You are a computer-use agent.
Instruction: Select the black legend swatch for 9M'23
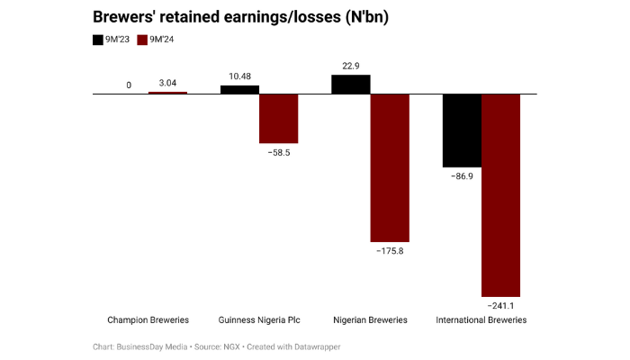click(x=99, y=40)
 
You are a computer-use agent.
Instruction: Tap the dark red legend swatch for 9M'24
click(x=142, y=40)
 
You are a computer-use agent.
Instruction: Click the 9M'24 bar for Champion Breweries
click(x=167, y=93)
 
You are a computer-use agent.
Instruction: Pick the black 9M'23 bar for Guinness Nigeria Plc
click(x=239, y=89)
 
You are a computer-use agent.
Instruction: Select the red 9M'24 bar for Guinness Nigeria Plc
click(x=278, y=118)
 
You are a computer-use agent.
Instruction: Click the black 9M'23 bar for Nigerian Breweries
click(x=351, y=84)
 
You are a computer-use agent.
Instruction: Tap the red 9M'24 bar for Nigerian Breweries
click(x=390, y=167)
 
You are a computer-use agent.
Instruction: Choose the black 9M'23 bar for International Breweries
click(x=462, y=130)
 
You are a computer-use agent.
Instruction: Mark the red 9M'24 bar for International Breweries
click(x=501, y=195)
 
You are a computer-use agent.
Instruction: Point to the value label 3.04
click(x=167, y=84)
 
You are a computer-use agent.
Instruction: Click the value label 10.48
click(x=239, y=76)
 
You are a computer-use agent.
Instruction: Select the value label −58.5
click(x=278, y=153)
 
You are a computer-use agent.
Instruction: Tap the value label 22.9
click(x=351, y=65)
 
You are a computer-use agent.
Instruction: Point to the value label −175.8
click(x=390, y=252)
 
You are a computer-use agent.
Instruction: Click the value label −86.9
click(x=462, y=177)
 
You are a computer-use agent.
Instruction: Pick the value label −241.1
click(x=501, y=307)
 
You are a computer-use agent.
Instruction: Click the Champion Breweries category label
click(x=148, y=320)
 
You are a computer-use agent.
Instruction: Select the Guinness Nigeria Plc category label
click(x=259, y=320)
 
